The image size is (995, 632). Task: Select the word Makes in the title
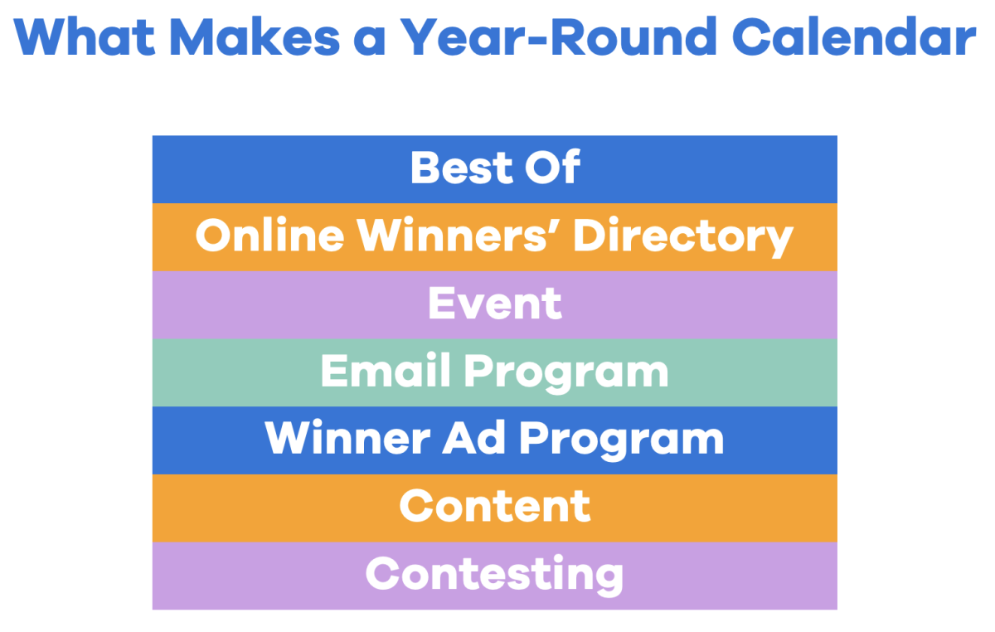point(278,36)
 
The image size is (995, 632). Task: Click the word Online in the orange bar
point(269,236)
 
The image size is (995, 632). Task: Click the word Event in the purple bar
point(495,304)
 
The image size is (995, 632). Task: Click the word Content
point(495,507)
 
